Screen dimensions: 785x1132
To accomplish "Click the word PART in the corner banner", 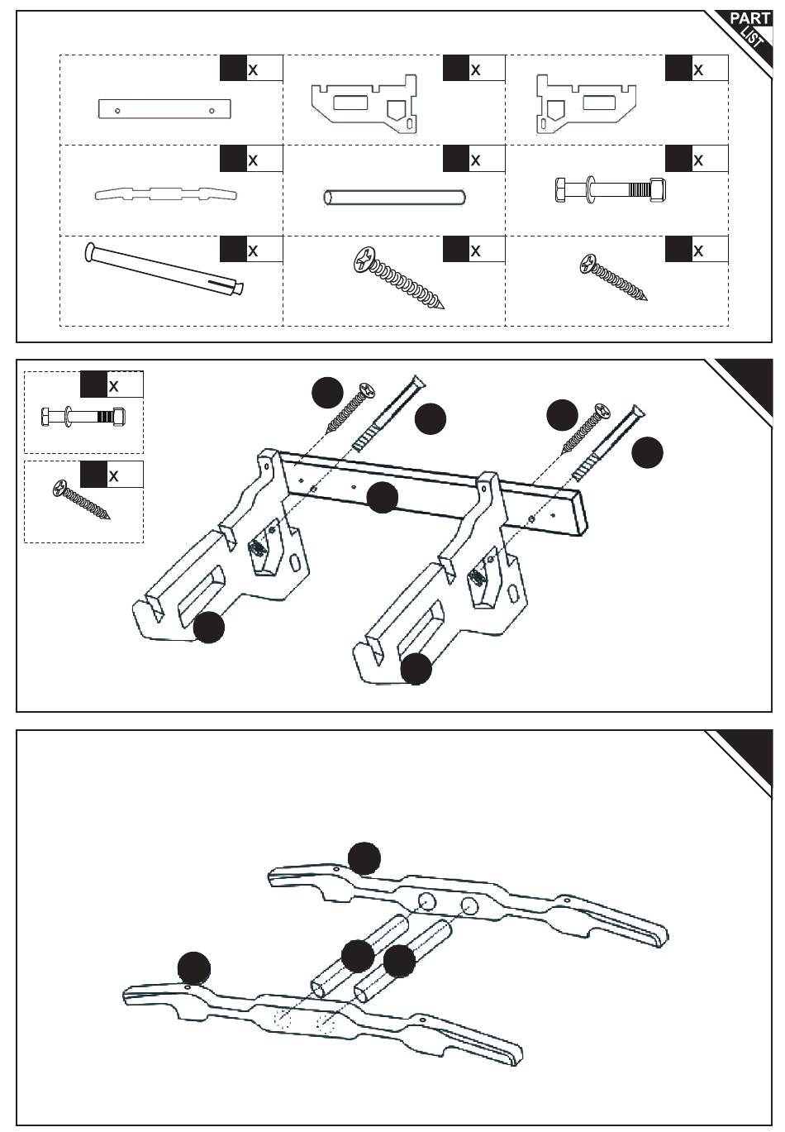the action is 750,19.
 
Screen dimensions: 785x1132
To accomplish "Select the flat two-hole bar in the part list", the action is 164,108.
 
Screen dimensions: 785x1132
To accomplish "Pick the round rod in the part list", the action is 393,198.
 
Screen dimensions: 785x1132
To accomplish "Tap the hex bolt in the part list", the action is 610,189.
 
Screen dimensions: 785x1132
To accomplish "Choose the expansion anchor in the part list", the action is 164,270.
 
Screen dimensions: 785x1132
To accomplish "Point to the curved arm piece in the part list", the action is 166,194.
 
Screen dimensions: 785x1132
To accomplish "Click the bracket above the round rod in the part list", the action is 364,103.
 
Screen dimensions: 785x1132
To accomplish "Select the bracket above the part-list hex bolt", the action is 586,104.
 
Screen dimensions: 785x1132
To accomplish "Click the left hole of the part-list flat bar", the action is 117,111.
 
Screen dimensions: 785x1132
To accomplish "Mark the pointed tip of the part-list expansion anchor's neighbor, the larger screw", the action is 443,307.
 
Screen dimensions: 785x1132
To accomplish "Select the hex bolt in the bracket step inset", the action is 83,417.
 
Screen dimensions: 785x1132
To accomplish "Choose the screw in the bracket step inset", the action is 81,499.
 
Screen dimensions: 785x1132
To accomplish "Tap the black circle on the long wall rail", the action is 382,497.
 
